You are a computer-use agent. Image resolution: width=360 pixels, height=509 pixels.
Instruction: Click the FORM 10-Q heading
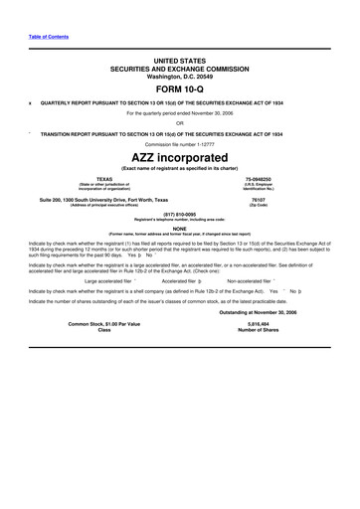[179, 88]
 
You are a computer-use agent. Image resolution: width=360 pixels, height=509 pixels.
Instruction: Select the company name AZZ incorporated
[179, 157]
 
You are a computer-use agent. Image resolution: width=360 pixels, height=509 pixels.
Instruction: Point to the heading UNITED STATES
[179, 61]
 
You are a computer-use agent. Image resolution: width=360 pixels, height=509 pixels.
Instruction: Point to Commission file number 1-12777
[179, 142]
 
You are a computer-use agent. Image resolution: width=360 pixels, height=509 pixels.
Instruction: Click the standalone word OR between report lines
[179, 124]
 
